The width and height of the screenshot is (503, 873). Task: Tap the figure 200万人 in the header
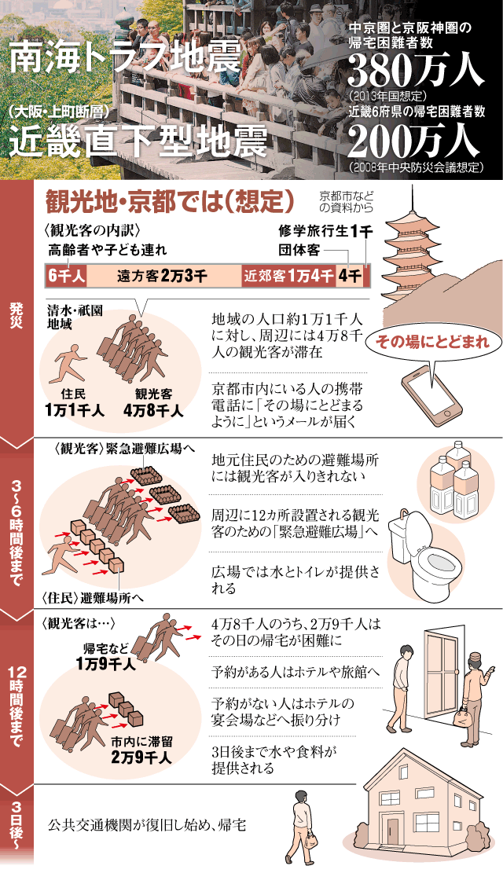pyautogui.click(x=414, y=141)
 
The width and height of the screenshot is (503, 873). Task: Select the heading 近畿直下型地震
pyautogui.click(x=138, y=142)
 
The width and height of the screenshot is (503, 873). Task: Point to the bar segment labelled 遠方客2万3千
pyautogui.click(x=163, y=275)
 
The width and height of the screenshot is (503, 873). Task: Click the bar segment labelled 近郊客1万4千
pyautogui.click(x=288, y=275)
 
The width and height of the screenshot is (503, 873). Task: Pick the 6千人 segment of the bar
pyautogui.click(x=66, y=275)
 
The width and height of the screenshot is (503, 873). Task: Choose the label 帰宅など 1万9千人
pyautogui.click(x=106, y=656)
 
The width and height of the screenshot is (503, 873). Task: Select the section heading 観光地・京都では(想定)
pyautogui.click(x=169, y=201)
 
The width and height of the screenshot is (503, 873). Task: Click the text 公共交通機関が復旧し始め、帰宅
pyautogui.click(x=146, y=824)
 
